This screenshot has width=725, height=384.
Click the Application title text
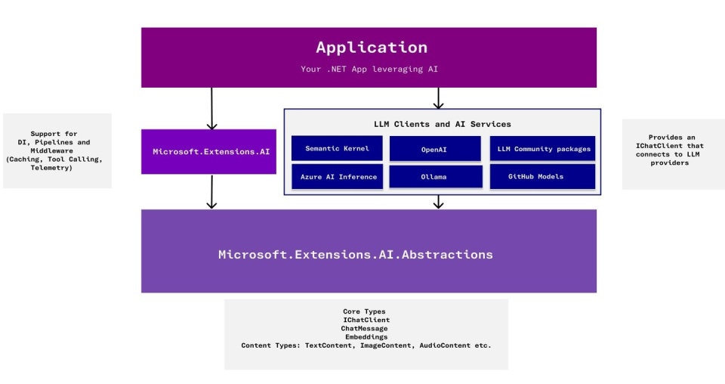[372, 48]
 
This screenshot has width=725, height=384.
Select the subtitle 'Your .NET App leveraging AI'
[369, 70]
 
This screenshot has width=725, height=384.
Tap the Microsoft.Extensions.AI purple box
[208, 151]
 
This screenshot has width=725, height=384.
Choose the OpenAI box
[434, 149]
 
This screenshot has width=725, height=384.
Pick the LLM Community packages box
[542, 148]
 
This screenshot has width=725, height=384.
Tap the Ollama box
[434, 177]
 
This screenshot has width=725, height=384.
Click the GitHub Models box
[542, 177]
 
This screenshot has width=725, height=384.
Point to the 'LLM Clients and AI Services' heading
[442, 124]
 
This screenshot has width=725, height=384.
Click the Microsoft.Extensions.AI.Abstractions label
[356, 255]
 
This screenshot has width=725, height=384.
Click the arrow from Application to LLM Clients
[439, 98]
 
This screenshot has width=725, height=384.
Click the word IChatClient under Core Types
[366, 320]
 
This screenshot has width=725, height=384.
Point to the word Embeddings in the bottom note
[366, 337]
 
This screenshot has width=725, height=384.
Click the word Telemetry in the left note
[51, 168]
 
